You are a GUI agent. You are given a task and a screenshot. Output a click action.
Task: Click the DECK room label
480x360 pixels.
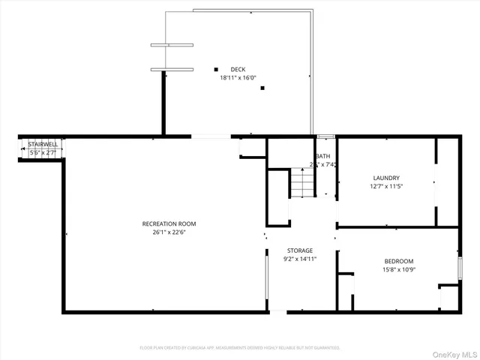point(238,70)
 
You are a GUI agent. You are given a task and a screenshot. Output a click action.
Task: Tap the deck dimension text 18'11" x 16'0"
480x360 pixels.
point(238,77)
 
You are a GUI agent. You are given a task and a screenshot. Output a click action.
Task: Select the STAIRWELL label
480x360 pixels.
point(42,144)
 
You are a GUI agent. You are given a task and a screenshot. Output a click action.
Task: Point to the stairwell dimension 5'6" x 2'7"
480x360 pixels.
point(42,152)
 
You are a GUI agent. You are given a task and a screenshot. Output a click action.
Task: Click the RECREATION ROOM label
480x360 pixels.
point(169,223)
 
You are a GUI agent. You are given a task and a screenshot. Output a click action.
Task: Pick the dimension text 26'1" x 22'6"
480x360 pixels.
point(169,232)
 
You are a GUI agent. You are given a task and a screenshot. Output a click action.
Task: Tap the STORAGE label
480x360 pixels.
point(300,250)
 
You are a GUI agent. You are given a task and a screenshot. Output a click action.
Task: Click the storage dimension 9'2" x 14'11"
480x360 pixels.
point(300,259)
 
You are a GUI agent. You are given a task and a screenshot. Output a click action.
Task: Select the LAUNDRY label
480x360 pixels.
point(386,178)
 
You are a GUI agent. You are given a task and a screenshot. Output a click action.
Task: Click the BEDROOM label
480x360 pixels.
point(398,261)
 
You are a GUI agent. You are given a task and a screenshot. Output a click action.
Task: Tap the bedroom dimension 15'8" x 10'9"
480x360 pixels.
point(398,269)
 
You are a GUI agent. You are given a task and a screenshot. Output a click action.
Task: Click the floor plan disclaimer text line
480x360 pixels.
point(240,348)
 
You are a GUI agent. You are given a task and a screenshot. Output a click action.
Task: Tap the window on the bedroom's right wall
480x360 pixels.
point(459,268)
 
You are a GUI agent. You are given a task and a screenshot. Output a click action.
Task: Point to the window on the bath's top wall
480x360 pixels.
point(325,136)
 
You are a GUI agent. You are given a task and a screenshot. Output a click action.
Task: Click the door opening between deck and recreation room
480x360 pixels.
point(211,136)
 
